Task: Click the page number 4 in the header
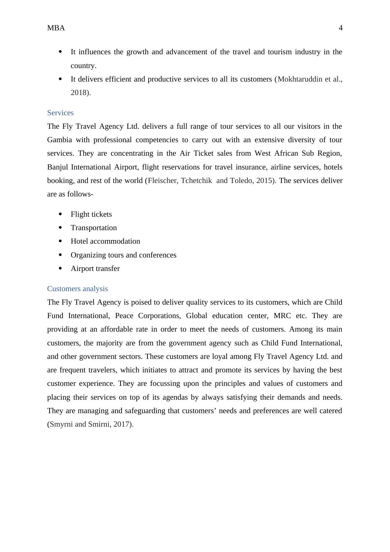(340, 28)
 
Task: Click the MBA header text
(56, 28)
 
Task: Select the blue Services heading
(60, 113)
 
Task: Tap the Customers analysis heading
(77, 289)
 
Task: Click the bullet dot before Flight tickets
(61, 214)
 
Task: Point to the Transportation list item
(94, 228)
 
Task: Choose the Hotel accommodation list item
(105, 241)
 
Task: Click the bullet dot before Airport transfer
(61, 268)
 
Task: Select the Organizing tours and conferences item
(123, 255)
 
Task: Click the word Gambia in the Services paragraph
(59, 140)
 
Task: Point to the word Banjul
(58, 167)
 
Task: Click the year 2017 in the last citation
(121, 424)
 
